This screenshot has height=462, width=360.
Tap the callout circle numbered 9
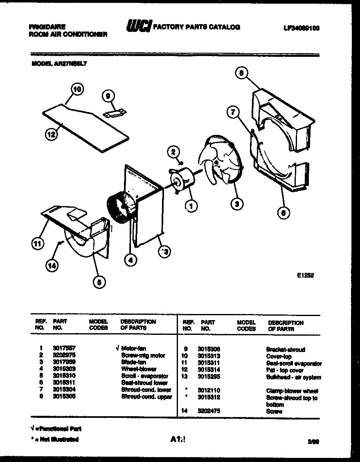tap(108, 96)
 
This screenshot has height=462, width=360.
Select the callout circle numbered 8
tap(241, 73)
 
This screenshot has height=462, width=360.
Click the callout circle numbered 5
tap(99, 282)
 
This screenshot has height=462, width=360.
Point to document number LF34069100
tap(301, 28)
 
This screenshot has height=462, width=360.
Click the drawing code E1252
tap(305, 276)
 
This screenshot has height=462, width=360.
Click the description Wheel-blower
tap(139, 369)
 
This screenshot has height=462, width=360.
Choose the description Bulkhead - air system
tap(293, 377)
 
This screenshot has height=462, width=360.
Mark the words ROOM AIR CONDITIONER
tap(68, 35)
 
